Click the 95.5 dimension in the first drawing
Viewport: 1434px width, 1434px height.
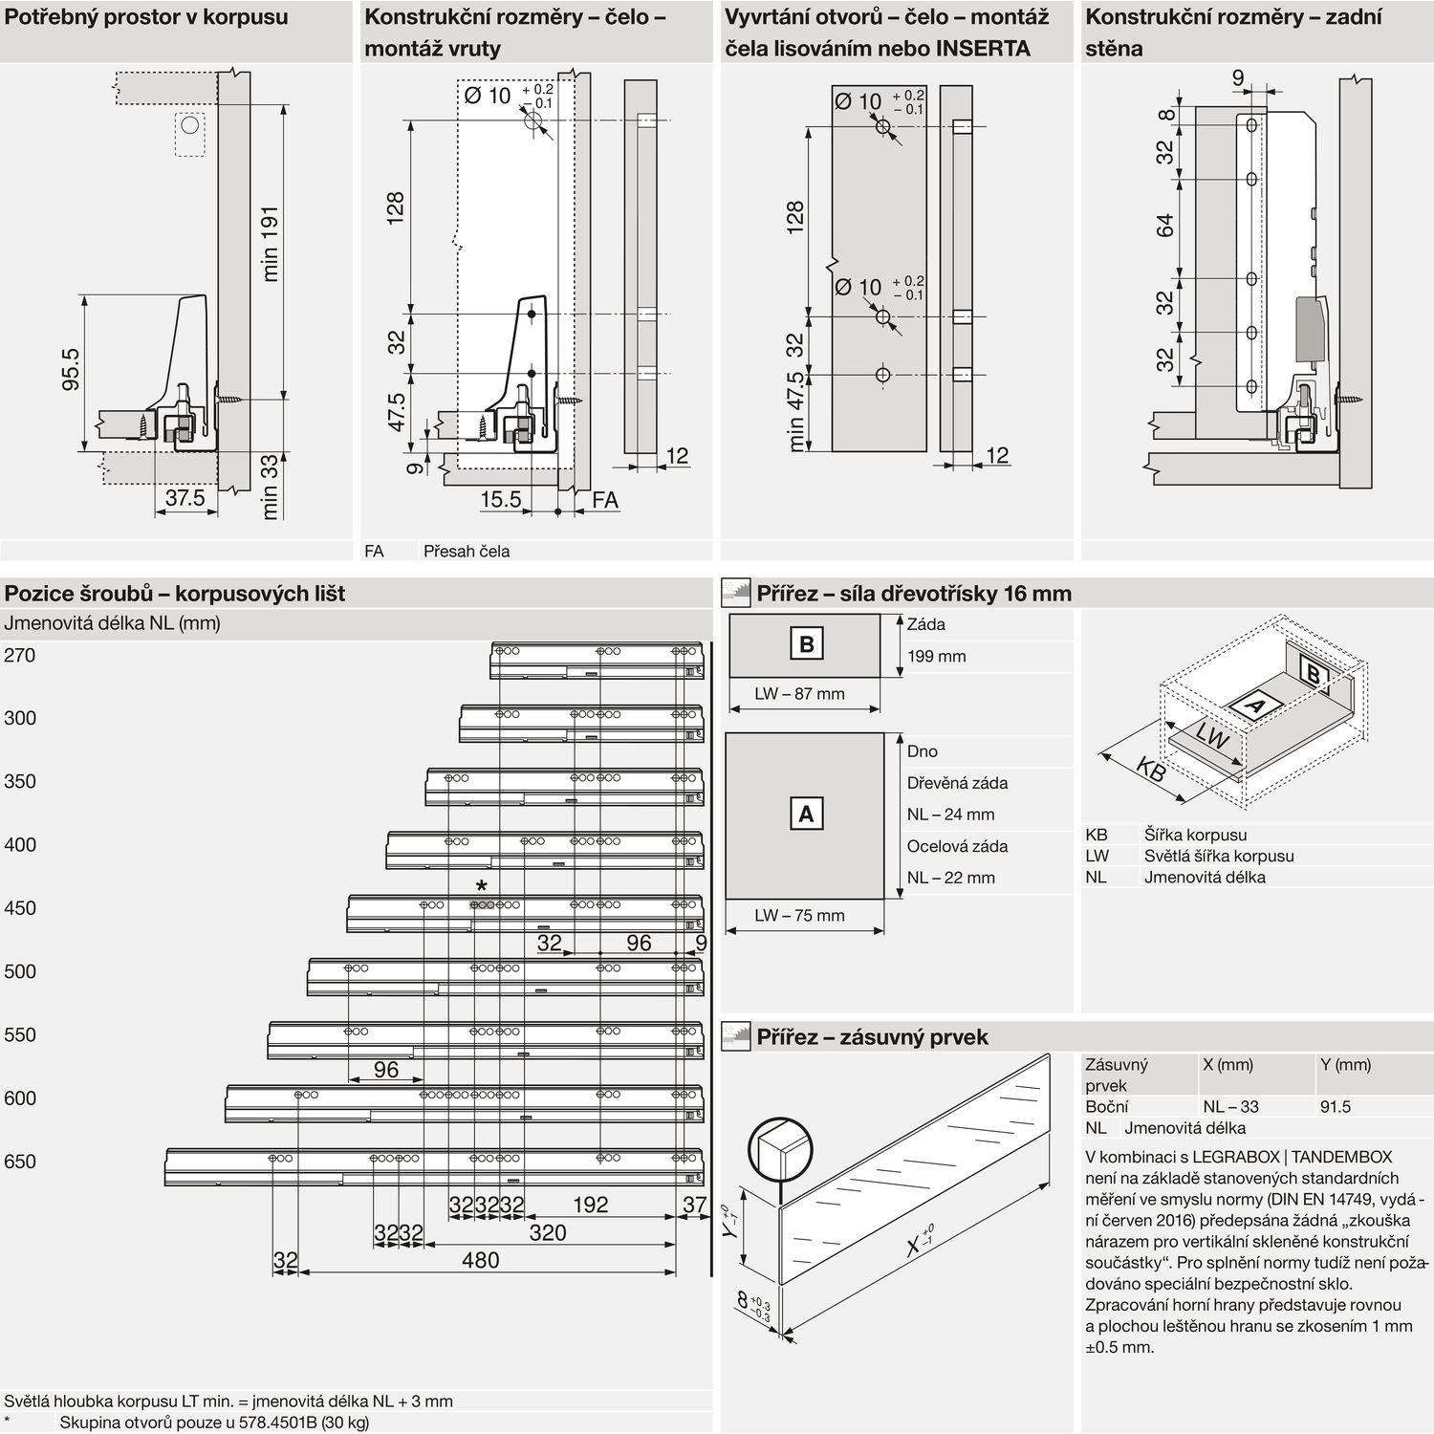[x=71, y=370]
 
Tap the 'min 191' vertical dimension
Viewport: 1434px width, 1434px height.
[x=271, y=243]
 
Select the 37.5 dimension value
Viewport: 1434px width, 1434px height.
[x=185, y=498]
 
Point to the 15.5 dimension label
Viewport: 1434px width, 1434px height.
[x=500, y=499]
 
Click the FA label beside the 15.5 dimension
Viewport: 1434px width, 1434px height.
[x=605, y=500]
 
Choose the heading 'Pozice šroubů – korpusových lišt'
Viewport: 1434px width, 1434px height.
[x=175, y=594]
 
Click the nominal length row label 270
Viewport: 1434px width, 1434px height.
[x=19, y=656]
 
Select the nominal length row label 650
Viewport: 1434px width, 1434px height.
[x=19, y=1162]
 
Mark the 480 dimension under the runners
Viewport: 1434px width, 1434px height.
[x=480, y=1260]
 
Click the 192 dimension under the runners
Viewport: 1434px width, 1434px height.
[x=590, y=1205]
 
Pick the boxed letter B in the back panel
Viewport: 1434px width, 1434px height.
[x=806, y=644]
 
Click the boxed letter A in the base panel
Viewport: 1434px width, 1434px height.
[x=806, y=815]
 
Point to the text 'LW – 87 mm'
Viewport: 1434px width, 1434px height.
[x=799, y=694]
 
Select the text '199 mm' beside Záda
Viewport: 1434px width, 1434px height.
[x=936, y=657]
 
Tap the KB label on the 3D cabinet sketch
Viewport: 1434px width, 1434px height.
[x=1151, y=769]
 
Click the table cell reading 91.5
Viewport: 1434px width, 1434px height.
[x=1335, y=1107]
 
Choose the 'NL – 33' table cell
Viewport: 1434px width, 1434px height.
[x=1230, y=1107]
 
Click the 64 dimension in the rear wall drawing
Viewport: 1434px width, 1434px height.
[x=1164, y=227]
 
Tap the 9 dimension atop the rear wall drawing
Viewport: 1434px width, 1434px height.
[x=1238, y=78]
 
